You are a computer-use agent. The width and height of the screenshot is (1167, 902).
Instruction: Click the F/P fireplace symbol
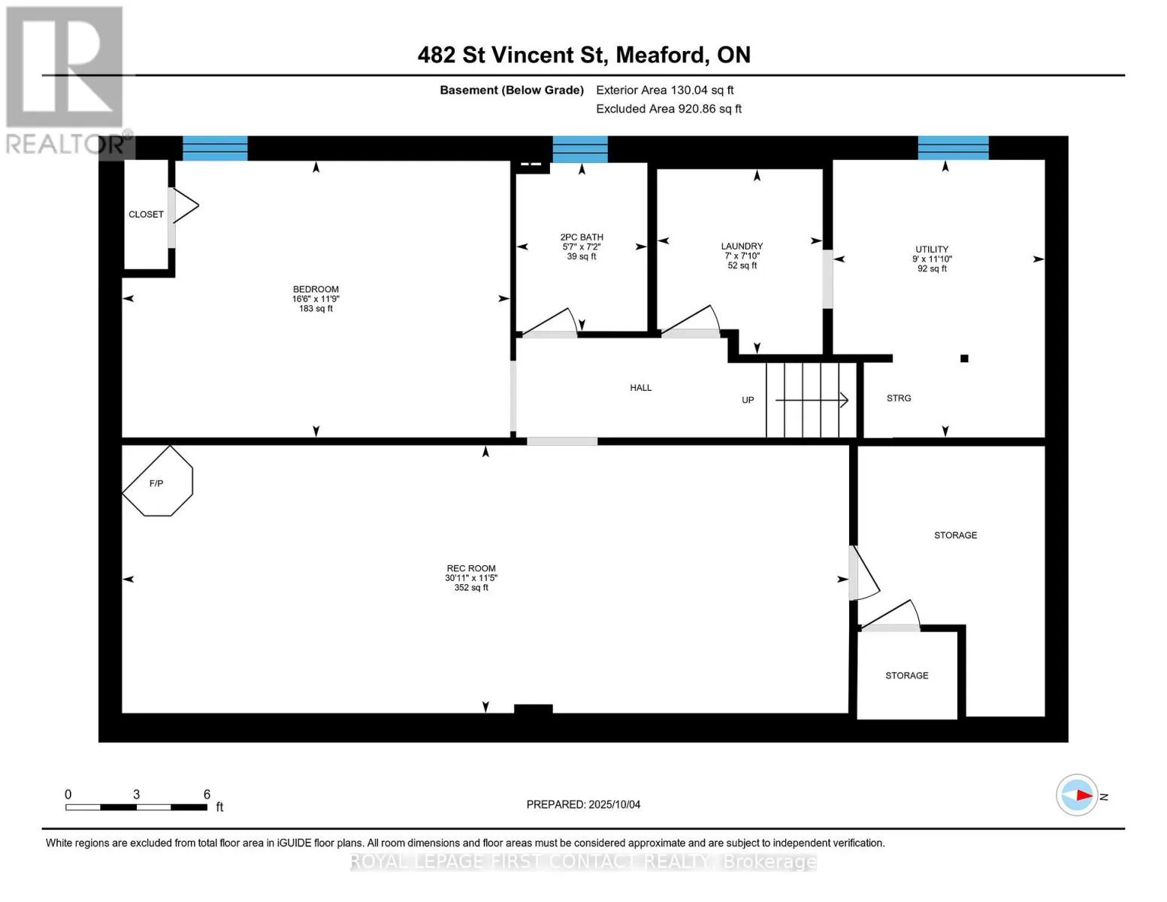pos(157,481)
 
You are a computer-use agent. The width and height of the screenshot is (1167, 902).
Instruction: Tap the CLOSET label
pos(146,214)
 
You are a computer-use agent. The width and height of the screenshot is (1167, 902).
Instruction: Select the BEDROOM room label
pos(316,289)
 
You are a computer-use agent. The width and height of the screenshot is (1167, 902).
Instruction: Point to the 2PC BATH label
pos(582,237)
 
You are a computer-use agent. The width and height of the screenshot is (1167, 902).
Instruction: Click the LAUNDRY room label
pos(742,246)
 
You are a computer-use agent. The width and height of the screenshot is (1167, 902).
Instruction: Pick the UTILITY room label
pos(932,250)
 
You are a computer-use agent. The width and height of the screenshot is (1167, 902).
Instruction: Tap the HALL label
pos(641,388)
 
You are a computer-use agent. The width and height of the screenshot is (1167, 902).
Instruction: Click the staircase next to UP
pos(811,400)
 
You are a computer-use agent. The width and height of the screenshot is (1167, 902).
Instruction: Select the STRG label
pos(899,398)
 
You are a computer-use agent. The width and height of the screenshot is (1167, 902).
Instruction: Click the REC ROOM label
pos(471,568)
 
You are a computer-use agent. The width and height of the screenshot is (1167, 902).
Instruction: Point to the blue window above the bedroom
pos(215,148)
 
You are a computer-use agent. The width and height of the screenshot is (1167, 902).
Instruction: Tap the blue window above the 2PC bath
pos(580,149)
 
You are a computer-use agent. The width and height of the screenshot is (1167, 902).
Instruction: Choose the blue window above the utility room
pos(954,148)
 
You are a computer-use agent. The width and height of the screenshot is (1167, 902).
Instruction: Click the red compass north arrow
pos(1084,795)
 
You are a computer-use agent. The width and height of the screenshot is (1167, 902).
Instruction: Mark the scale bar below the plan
pos(137,807)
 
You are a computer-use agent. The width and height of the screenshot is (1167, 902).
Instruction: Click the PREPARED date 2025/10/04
pos(615,804)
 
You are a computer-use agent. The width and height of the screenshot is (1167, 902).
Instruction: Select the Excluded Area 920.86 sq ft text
pos(669,108)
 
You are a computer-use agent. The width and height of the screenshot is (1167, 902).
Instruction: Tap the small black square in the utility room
pos(964,359)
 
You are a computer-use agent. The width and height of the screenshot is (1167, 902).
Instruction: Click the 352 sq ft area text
pos(471,588)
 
